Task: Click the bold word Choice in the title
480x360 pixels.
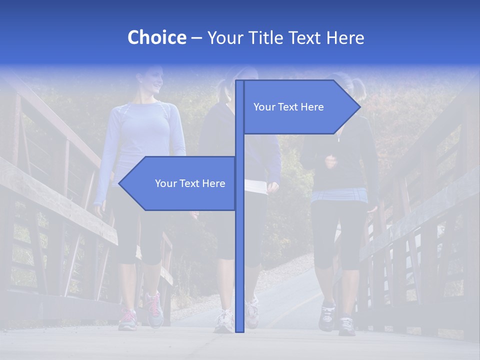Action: pos(156,37)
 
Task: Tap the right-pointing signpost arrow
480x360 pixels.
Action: pos(300,107)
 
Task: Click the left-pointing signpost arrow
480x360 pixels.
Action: pos(180,183)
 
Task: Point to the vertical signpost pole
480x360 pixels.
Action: pos(239,250)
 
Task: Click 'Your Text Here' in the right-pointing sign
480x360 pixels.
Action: pos(288,107)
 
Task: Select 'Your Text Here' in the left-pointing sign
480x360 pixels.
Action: pos(190,183)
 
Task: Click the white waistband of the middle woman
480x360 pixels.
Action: pos(256,186)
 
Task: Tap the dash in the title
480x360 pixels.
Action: pos(196,38)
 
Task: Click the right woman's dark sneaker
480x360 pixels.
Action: pos(327,317)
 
